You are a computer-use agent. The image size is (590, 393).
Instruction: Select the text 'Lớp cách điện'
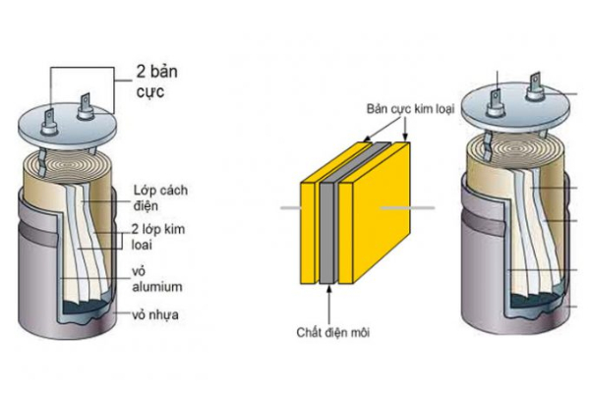click(x=157, y=196)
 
